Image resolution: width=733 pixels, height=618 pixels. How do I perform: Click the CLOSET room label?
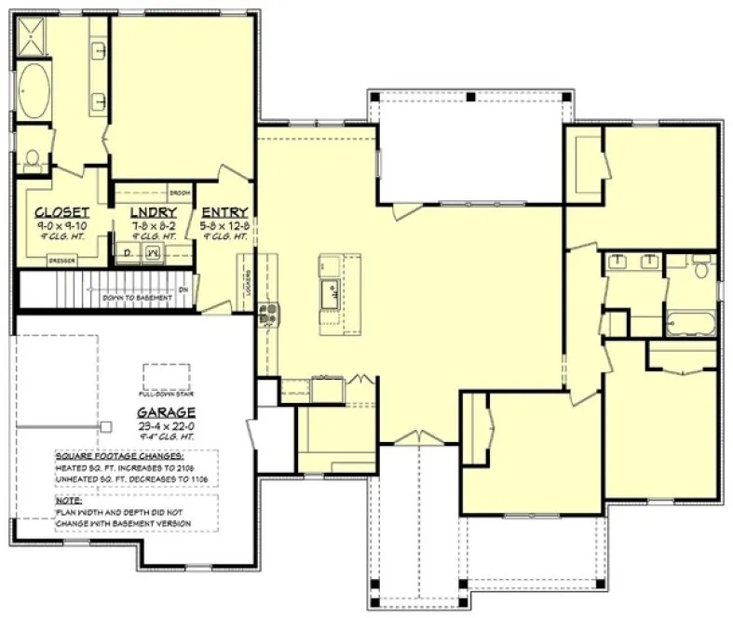pos(62,211)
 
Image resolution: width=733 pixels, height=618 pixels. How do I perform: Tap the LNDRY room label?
pos(153,211)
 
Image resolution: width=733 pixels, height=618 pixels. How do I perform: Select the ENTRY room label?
pos(224,211)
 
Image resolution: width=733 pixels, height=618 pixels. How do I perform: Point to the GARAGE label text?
pos(166,412)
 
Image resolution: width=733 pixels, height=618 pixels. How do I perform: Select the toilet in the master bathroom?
pos(33,160)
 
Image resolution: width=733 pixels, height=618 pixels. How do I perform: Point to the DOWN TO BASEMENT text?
pos(137,297)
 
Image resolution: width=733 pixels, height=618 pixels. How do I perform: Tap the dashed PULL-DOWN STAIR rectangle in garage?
pos(167,375)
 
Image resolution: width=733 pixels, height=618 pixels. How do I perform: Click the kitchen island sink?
pos(330,294)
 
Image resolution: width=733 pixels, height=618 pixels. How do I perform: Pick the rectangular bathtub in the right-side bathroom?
pos(690,325)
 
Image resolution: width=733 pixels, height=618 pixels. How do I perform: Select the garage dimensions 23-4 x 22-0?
pos(166,426)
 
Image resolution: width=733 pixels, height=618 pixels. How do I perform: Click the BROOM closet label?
pos(180,193)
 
